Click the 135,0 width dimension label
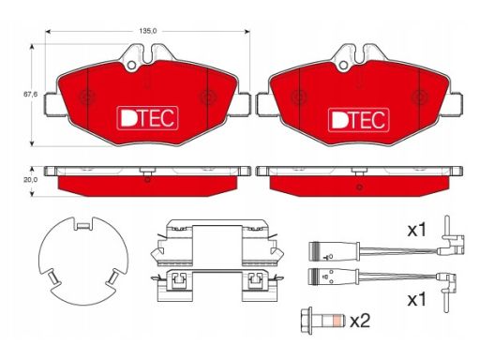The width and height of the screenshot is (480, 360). (148, 31)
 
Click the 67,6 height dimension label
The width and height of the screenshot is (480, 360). (30, 94)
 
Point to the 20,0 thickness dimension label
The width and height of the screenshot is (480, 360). (30, 180)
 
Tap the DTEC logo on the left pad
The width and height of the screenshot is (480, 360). (147, 118)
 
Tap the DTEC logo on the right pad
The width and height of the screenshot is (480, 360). (359, 120)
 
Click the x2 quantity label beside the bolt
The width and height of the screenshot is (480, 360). (360, 321)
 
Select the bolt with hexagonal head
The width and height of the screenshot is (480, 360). (322, 321)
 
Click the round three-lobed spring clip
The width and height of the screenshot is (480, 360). (83, 261)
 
